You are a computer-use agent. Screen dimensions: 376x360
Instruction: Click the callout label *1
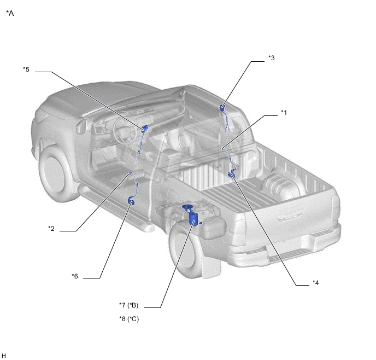pos(284,113)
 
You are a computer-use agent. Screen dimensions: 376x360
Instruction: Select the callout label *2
pos(51,229)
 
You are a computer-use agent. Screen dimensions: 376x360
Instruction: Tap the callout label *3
pos(272,58)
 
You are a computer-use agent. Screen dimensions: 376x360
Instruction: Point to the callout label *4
pos(315,283)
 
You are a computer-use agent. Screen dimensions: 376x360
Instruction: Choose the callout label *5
pos(26,69)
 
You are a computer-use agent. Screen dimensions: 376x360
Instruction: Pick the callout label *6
pos(75,276)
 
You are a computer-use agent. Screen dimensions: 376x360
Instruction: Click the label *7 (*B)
pos(129,305)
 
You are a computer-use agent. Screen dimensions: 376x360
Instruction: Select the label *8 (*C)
pos(129,319)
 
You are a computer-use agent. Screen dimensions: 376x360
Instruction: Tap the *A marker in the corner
pos(10,14)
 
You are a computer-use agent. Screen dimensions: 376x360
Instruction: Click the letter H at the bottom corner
pos(4,356)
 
